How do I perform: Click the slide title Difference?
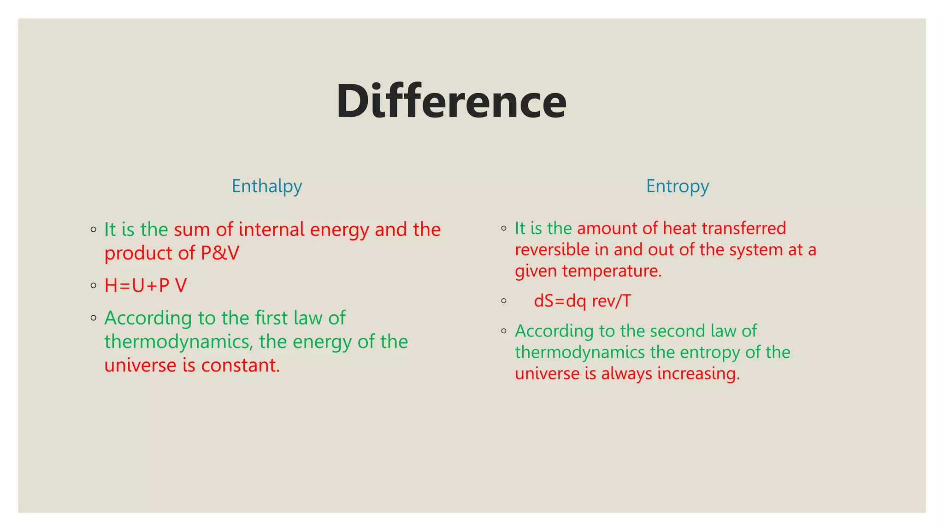pyautogui.click(x=451, y=102)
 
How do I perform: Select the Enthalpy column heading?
pyautogui.click(x=266, y=186)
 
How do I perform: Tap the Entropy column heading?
pyautogui.click(x=677, y=186)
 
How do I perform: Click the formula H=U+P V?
pyautogui.click(x=146, y=286)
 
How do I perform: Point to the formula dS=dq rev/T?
pyautogui.click(x=582, y=301)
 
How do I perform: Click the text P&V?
pyautogui.click(x=220, y=253)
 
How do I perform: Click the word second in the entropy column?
pyautogui.click(x=678, y=331)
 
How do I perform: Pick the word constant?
pyautogui.click(x=241, y=366)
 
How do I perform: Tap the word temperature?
pyautogui.click(x=612, y=271)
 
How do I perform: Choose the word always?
pyautogui.click(x=626, y=373)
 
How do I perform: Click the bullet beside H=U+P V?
pyautogui.click(x=94, y=286)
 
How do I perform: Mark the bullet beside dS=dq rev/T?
pyautogui.click(x=504, y=301)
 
